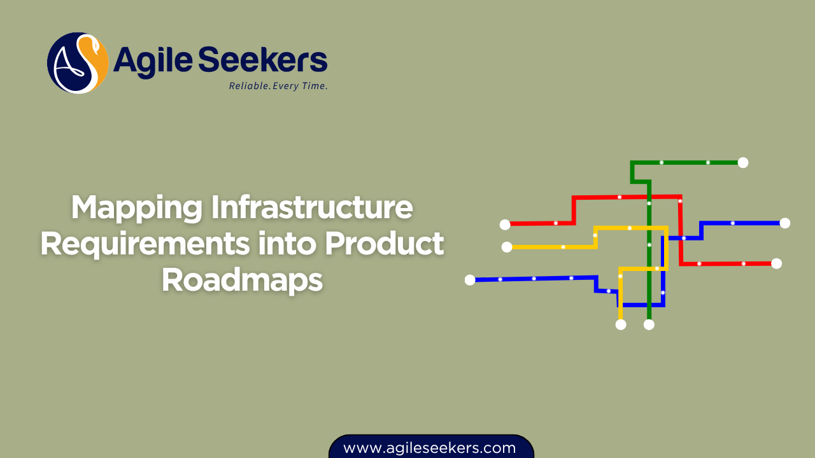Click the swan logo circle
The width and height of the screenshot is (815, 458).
click(77, 63)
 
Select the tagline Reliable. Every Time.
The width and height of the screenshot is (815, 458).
click(278, 86)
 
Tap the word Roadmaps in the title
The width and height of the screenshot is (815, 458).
click(242, 280)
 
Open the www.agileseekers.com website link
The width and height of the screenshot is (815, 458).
click(430, 448)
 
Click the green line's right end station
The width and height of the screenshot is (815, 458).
click(742, 162)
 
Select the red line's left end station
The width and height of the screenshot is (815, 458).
click(505, 224)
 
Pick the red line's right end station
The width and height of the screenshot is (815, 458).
click(776, 263)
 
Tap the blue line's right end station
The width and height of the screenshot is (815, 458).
click(784, 223)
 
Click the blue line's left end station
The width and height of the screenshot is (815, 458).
click(470, 280)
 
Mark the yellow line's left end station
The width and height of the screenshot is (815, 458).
click(507, 247)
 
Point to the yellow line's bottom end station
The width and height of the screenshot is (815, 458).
click(621, 324)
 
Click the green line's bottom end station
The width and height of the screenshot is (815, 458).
click(649, 324)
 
